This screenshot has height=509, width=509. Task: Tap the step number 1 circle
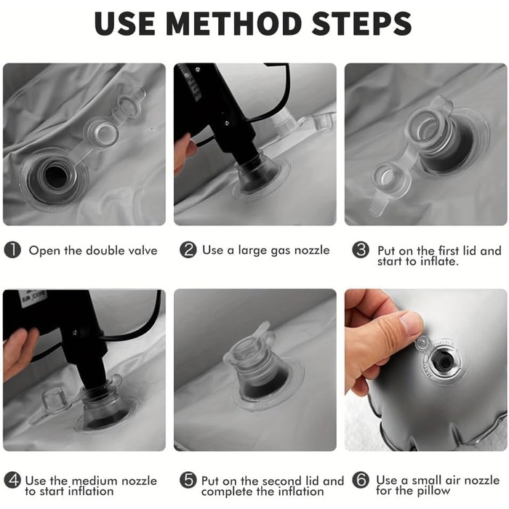point(12,250)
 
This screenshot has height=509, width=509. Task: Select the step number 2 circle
point(188,250)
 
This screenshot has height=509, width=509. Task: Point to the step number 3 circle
point(361,250)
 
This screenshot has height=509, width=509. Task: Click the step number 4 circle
point(12,481)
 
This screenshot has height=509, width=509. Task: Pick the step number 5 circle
point(188,480)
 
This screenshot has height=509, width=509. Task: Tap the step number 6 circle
point(361,480)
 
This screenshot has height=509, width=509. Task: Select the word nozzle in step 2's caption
point(312,250)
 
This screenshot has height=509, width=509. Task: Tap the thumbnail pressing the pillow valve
point(411,323)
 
